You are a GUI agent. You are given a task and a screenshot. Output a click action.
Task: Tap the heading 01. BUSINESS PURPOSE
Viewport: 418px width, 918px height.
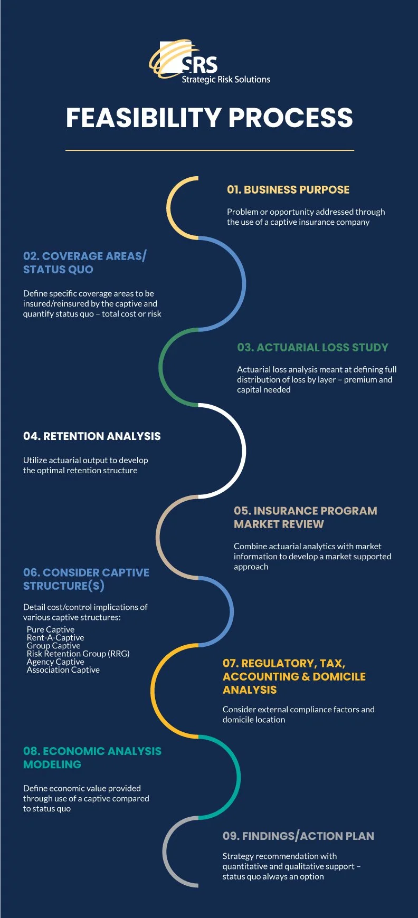[288, 190]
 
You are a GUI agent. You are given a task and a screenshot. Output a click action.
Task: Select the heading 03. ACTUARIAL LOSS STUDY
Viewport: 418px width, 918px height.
[312, 348]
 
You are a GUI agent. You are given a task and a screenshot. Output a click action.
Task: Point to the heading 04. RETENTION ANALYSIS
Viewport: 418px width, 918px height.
[92, 436]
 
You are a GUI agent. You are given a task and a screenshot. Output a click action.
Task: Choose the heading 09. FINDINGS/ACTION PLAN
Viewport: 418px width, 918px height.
[298, 836]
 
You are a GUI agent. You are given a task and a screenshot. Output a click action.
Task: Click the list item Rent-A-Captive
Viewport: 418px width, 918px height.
[55, 638]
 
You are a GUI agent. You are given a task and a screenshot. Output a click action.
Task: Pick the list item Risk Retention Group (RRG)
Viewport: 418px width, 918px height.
[78, 654]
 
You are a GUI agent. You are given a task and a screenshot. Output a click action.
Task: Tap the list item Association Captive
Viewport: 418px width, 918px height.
[63, 670]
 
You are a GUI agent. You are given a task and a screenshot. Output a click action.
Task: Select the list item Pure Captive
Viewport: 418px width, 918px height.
[51, 630]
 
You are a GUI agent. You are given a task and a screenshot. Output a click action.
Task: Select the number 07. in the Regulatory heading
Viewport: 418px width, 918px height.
[231, 664]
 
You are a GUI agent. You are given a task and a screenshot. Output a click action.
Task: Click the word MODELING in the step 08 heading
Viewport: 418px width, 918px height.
[52, 765]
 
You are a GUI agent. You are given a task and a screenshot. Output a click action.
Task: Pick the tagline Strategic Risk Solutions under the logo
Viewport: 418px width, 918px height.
[226, 80]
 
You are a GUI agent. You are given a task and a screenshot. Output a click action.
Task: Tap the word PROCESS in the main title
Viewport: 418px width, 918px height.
[290, 118]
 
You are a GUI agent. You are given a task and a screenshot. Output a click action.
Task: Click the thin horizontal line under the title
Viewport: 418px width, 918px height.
[210, 150]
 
